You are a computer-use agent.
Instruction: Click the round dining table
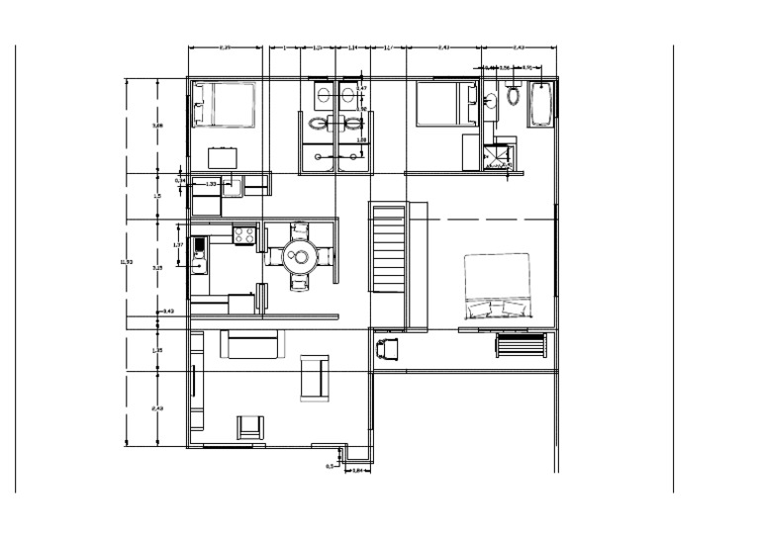click(x=298, y=257)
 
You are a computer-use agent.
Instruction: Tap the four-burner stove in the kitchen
click(x=244, y=234)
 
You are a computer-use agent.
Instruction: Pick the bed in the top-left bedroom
click(x=225, y=104)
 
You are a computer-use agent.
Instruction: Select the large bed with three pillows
click(x=498, y=287)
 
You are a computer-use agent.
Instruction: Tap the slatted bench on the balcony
click(x=521, y=345)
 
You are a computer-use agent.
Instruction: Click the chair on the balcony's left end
click(x=387, y=348)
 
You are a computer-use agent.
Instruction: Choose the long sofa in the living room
click(x=250, y=344)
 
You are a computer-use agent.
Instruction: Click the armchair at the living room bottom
click(x=250, y=427)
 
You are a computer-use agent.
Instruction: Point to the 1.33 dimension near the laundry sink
click(x=211, y=184)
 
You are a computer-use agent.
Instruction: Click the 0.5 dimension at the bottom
click(x=330, y=465)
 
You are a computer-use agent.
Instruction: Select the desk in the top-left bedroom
click(x=223, y=157)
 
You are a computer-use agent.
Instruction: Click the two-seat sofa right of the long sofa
click(x=315, y=378)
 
